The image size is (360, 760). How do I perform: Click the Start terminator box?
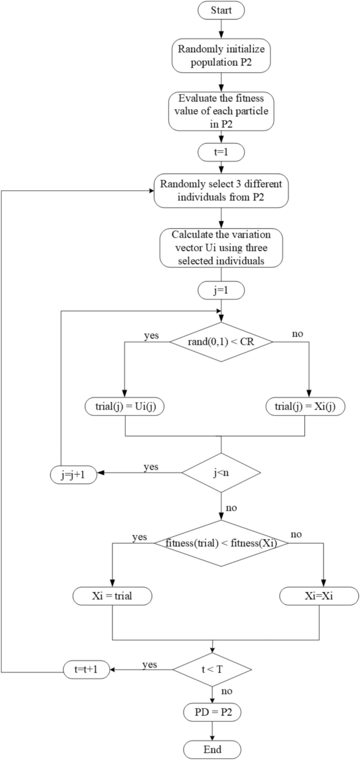click(x=221, y=10)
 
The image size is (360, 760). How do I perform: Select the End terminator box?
click(x=212, y=749)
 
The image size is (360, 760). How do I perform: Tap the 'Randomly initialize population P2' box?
click(x=221, y=57)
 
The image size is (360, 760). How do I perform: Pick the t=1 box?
click(x=221, y=153)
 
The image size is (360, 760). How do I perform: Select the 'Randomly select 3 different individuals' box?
click(x=221, y=192)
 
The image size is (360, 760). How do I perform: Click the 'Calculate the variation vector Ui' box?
click(x=221, y=248)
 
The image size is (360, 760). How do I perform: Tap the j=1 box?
click(x=221, y=292)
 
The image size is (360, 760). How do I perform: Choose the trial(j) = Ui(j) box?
click(x=125, y=407)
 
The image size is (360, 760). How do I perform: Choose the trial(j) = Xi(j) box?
click(x=304, y=407)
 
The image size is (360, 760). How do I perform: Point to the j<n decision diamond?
click(x=221, y=473)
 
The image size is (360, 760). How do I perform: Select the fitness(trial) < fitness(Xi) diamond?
click(x=221, y=543)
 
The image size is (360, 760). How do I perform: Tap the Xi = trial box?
click(x=112, y=596)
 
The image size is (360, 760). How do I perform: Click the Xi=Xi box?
click(x=320, y=596)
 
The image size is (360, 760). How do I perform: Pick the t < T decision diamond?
click(x=212, y=669)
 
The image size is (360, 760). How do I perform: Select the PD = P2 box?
click(x=212, y=712)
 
